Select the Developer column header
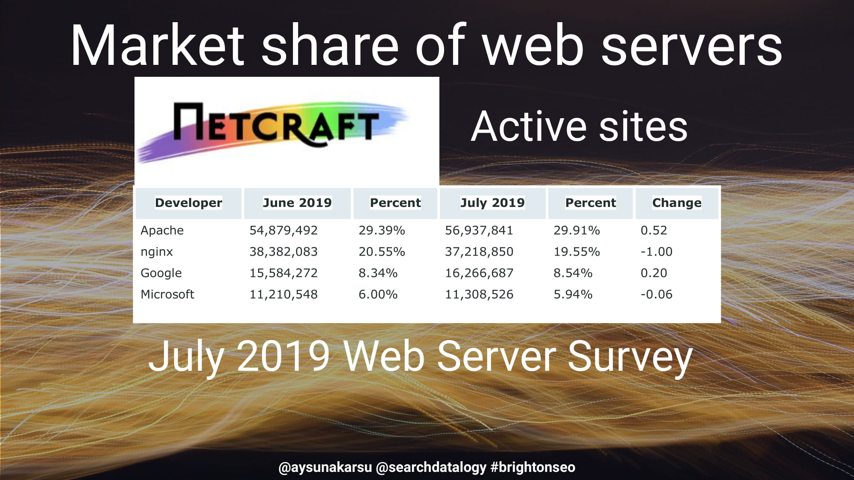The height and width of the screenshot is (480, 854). click(188, 203)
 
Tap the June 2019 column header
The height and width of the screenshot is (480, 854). click(297, 203)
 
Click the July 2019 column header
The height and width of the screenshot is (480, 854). click(492, 203)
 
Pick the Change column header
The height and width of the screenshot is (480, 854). click(677, 203)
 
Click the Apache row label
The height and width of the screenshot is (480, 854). click(162, 230)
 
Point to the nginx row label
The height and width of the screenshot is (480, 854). click(157, 252)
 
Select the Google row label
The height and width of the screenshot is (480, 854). click(161, 273)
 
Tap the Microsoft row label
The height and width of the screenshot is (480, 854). click(167, 294)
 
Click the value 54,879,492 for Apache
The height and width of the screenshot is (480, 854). click(284, 230)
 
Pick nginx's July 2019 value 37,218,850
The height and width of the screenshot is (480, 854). click(479, 252)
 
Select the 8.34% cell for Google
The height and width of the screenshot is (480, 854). click(378, 273)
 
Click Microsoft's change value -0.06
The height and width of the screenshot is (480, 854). click(656, 294)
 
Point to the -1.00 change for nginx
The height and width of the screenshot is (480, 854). click(656, 252)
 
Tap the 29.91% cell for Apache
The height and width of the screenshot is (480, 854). click(577, 230)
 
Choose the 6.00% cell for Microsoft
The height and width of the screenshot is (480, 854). click(378, 294)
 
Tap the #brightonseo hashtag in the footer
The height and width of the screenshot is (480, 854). click(533, 467)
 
